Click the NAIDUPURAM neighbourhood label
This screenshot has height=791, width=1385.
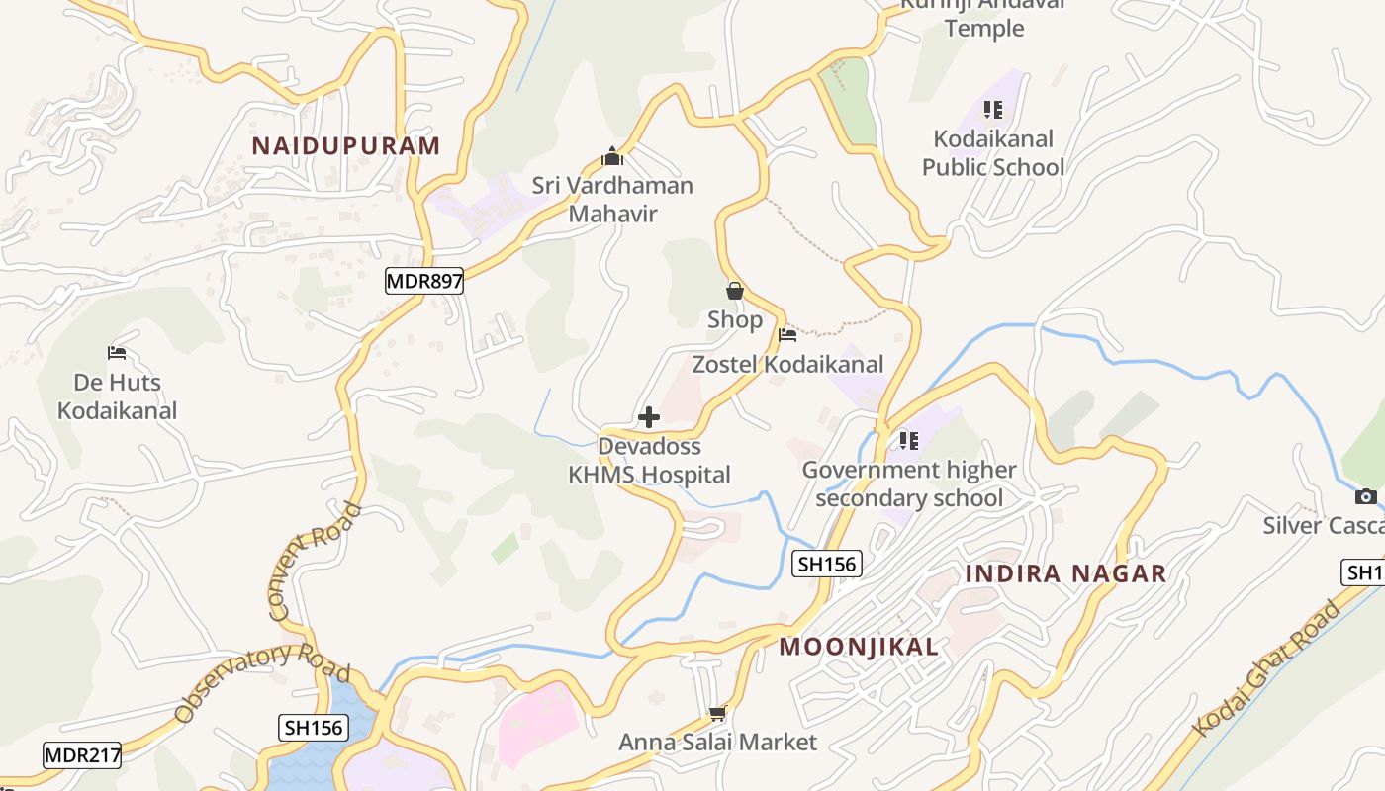click(x=345, y=146)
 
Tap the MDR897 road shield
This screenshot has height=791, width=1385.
click(x=424, y=281)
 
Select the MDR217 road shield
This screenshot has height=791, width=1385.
click(x=82, y=756)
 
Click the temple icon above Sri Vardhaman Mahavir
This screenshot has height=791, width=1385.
click(x=612, y=156)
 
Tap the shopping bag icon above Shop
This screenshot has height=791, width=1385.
click(x=735, y=291)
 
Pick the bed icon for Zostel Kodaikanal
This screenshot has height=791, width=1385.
click(x=787, y=335)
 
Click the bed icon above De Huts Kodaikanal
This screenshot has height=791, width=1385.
click(x=117, y=353)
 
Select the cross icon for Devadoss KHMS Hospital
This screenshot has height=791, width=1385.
click(x=649, y=417)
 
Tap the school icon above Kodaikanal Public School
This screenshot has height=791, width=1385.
click(x=993, y=110)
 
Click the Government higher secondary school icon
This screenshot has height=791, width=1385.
click(x=908, y=440)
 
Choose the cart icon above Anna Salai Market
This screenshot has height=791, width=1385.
click(x=718, y=713)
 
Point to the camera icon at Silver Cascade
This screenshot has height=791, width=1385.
click(x=1366, y=496)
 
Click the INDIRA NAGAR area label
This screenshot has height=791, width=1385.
click(x=1065, y=573)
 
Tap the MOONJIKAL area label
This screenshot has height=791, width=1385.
click(x=859, y=647)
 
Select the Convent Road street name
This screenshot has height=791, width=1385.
click(x=315, y=562)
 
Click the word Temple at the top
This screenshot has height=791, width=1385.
click(x=983, y=28)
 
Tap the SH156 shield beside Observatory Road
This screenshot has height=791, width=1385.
click(x=313, y=728)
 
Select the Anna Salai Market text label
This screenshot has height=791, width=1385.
click(x=718, y=742)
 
